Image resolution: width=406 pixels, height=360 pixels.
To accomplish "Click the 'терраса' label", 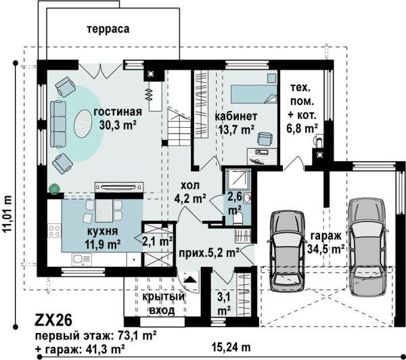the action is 108,28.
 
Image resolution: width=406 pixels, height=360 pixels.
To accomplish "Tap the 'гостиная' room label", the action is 118,112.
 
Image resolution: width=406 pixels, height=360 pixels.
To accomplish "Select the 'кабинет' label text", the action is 236,116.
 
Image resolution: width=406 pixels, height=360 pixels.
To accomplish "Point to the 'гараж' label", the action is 325,236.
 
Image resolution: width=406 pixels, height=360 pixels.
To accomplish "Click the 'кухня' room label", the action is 103,231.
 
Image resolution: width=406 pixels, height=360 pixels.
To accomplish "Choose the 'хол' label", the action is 190,185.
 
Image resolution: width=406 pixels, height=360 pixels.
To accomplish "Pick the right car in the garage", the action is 367,247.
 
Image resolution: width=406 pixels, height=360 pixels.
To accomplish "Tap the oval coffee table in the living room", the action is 83,124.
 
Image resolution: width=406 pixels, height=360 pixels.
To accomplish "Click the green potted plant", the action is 54,189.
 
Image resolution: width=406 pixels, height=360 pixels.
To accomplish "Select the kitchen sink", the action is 81,259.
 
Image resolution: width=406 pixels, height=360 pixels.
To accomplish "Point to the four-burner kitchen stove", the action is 54,231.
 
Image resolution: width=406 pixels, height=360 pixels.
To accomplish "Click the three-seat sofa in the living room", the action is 58,125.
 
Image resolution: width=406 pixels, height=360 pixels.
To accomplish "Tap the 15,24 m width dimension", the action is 231,347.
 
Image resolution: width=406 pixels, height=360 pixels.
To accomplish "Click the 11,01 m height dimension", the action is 8,213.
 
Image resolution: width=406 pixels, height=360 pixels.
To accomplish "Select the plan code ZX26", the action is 53,320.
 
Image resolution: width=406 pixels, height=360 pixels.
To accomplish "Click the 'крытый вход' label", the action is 163,303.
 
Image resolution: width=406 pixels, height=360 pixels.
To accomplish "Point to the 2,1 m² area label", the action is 158,242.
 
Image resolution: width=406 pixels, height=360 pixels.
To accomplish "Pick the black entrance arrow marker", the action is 190,279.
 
